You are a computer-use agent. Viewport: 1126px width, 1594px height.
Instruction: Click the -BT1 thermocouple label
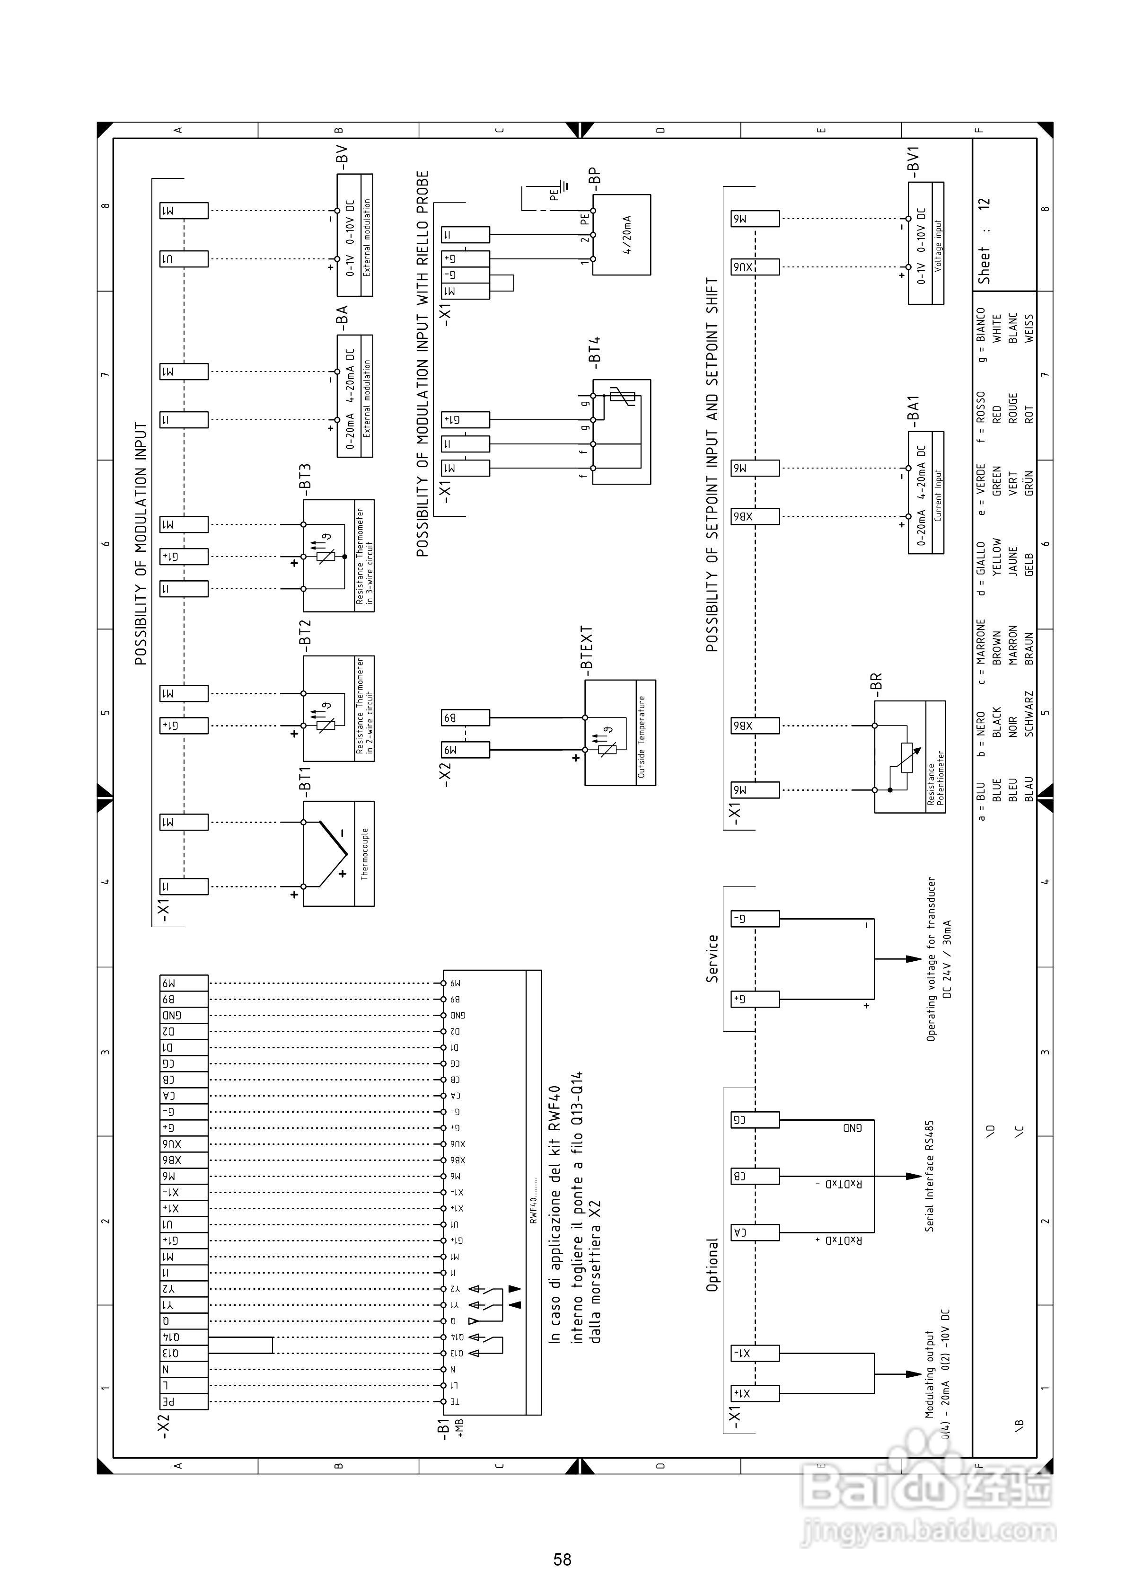304,779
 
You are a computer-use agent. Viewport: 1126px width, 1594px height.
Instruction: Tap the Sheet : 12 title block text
984,241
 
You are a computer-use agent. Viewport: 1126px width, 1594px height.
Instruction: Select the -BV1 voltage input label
914,159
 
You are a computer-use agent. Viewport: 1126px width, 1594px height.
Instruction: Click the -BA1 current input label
914,412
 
